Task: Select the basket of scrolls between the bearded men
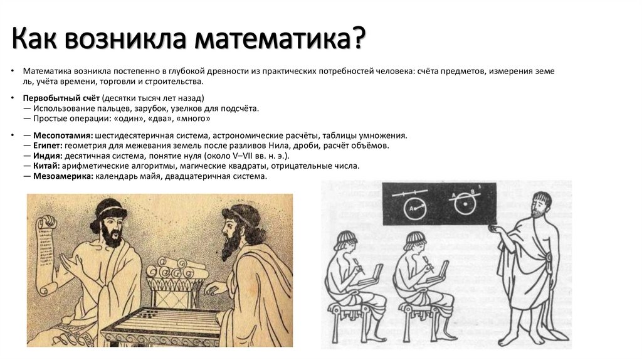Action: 177,276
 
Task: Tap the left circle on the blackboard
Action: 413,209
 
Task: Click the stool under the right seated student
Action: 421,320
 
